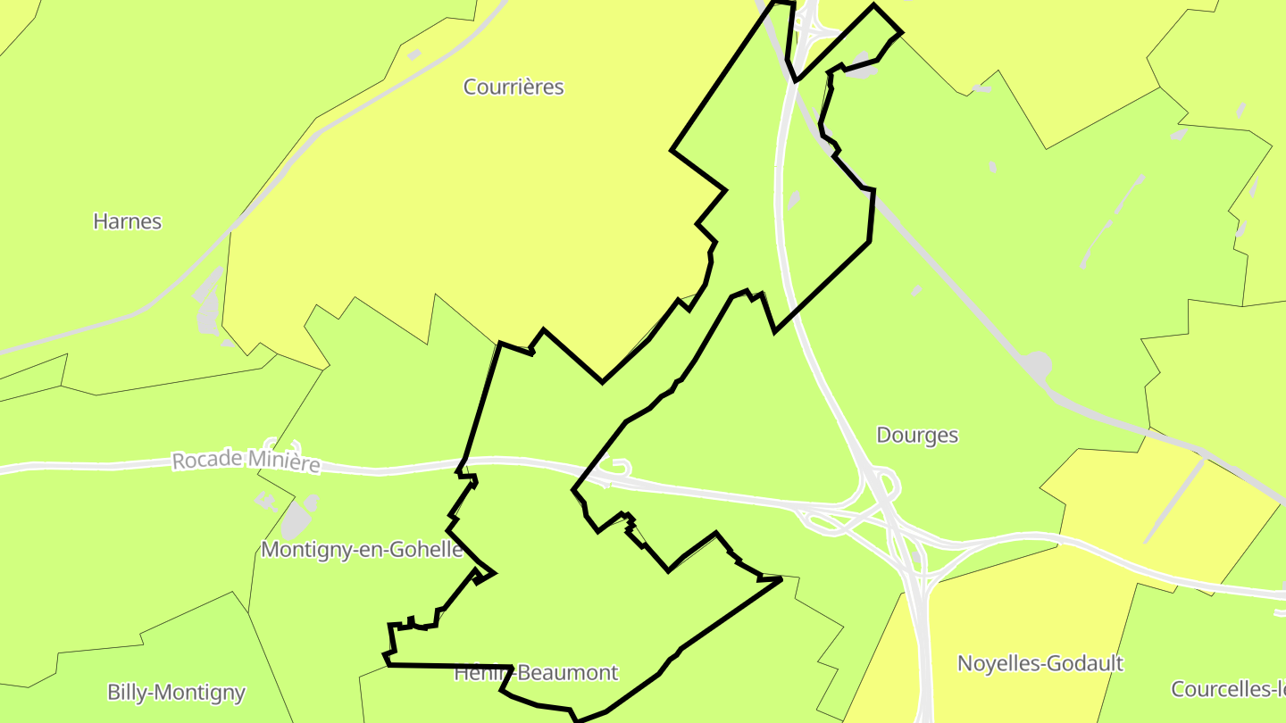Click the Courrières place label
click(514, 87)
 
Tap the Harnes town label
click(127, 221)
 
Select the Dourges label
click(917, 436)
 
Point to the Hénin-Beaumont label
click(536, 673)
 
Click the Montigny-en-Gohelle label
click(362, 550)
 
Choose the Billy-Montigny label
click(176, 693)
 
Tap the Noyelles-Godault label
click(1040, 664)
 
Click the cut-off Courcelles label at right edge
click(1228, 690)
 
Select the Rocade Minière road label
click(246, 461)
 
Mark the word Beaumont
click(568, 673)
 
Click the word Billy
click(126, 693)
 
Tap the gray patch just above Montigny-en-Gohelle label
click(297, 518)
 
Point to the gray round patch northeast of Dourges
click(1036, 364)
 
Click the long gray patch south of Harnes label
click(209, 303)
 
